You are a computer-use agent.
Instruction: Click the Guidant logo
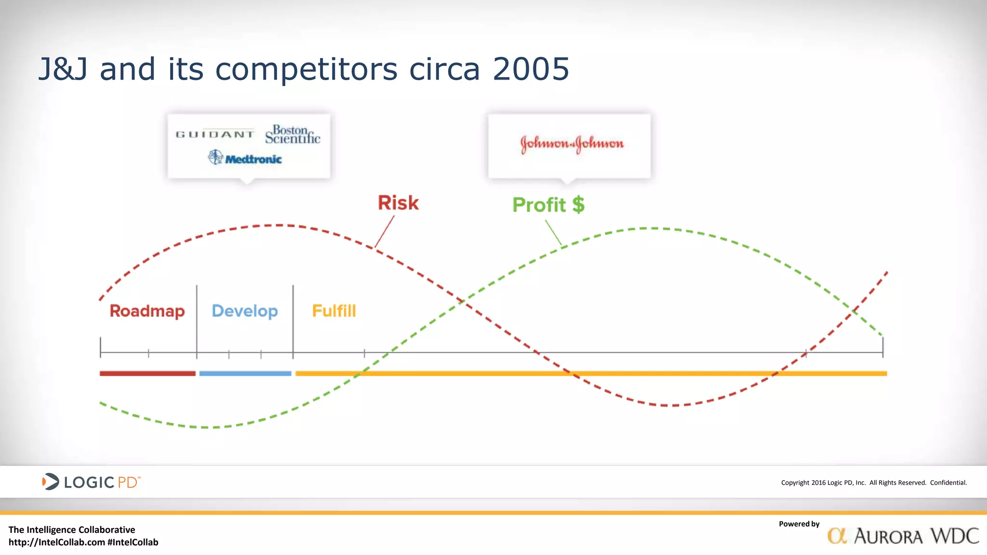215,134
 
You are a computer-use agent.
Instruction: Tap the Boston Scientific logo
293,134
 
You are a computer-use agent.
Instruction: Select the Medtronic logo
245,158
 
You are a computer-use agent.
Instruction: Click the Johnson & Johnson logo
572,144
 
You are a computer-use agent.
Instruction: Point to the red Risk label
398,203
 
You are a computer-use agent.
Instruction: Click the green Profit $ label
548,205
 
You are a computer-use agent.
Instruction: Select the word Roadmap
147,311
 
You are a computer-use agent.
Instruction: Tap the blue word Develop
245,311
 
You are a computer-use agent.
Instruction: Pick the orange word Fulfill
334,311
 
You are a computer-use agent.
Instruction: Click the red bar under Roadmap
147,373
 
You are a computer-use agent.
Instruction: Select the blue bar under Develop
245,373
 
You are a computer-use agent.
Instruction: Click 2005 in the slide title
531,69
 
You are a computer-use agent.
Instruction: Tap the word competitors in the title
307,69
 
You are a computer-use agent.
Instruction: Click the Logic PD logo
91,482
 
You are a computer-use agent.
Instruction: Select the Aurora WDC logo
903,536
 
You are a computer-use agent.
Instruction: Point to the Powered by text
799,524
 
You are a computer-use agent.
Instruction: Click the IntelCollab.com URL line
83,542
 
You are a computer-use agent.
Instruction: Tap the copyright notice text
874,483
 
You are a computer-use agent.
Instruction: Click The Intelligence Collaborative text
72,529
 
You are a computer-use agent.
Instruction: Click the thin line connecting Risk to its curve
385,232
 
